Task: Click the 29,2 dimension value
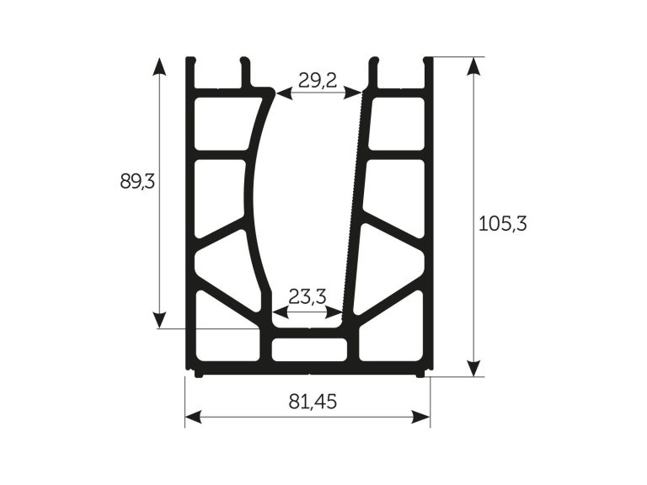click(318, 81)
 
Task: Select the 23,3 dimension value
click(307, 296)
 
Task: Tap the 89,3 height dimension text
click(137, 181)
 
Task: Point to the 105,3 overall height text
click(503, 224)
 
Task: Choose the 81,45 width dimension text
click(313, 402)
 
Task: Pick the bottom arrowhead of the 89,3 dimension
click(159, 319)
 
